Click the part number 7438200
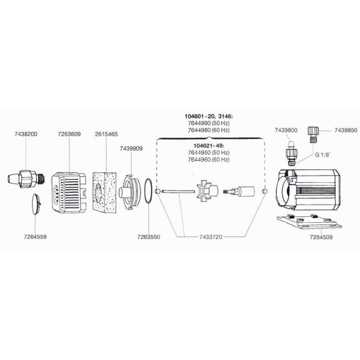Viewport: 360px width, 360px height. [x=26, y=134]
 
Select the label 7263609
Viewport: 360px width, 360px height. [x=69, y=134]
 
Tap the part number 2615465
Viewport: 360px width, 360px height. [x=106, y=134]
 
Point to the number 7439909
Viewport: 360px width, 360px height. [x=131, y=148]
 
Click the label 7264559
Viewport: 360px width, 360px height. [x=35, y=237]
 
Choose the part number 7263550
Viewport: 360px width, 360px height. [x=148, y=237]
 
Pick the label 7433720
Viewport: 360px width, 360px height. [x=211, y=237]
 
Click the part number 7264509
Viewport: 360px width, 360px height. [x=321, y=237]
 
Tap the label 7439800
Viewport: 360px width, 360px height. [x=286, y=130]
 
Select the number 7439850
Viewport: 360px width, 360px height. [x=346, y=130]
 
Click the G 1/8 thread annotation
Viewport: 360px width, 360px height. [x=323, y=155]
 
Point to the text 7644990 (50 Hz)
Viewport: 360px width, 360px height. [x=209, y=123]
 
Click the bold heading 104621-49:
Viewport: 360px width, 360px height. [x=208, y=145]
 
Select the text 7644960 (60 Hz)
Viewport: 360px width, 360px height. [x=209, y=159]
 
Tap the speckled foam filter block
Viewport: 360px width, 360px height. [x=104, y=191]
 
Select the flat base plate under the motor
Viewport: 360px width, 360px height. [x=309, y=222]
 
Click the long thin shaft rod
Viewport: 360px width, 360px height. [x=178, y=191]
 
